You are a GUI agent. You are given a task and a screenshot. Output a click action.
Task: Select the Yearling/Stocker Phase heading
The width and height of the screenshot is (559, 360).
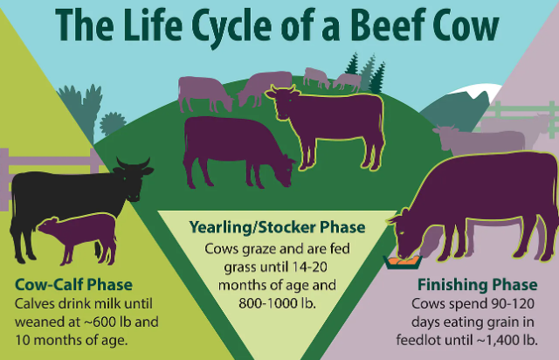point(278,230)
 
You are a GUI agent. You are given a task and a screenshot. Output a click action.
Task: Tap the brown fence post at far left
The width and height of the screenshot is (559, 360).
point(5,170)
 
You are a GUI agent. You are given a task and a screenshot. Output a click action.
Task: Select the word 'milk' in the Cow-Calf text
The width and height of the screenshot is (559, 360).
point(120,303)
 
